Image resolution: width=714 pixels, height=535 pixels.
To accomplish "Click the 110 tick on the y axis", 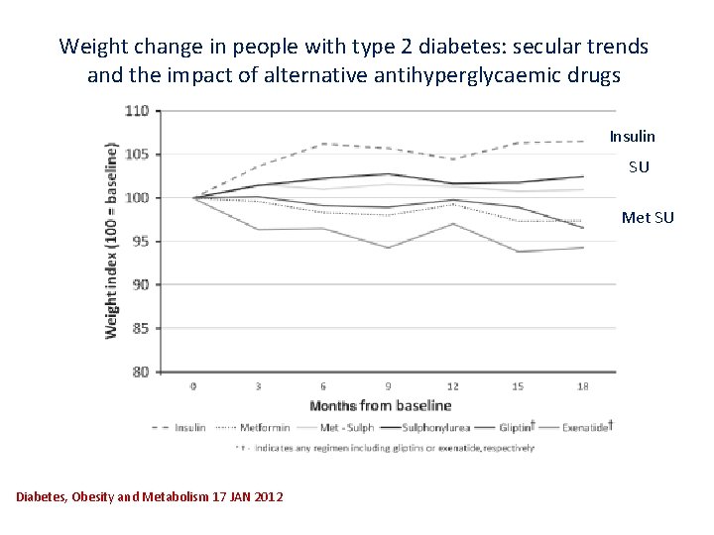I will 137,111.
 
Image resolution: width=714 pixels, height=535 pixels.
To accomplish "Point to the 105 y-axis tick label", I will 137,155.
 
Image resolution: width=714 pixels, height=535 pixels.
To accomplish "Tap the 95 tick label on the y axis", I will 140,241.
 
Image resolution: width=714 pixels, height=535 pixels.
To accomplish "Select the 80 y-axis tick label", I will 140,372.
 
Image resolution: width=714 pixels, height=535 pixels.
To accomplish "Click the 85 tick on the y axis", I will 140,328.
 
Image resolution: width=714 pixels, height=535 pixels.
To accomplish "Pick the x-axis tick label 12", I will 452,385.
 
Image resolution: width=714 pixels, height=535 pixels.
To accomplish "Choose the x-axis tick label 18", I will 582,385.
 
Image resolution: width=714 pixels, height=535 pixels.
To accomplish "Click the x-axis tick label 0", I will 193,385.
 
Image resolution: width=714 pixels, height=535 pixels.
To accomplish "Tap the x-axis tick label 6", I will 323,385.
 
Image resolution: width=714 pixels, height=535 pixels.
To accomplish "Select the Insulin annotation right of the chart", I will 632,136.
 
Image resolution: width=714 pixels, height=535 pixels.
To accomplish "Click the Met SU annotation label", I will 647,217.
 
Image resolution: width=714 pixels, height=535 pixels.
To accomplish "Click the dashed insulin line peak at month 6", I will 323,144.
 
